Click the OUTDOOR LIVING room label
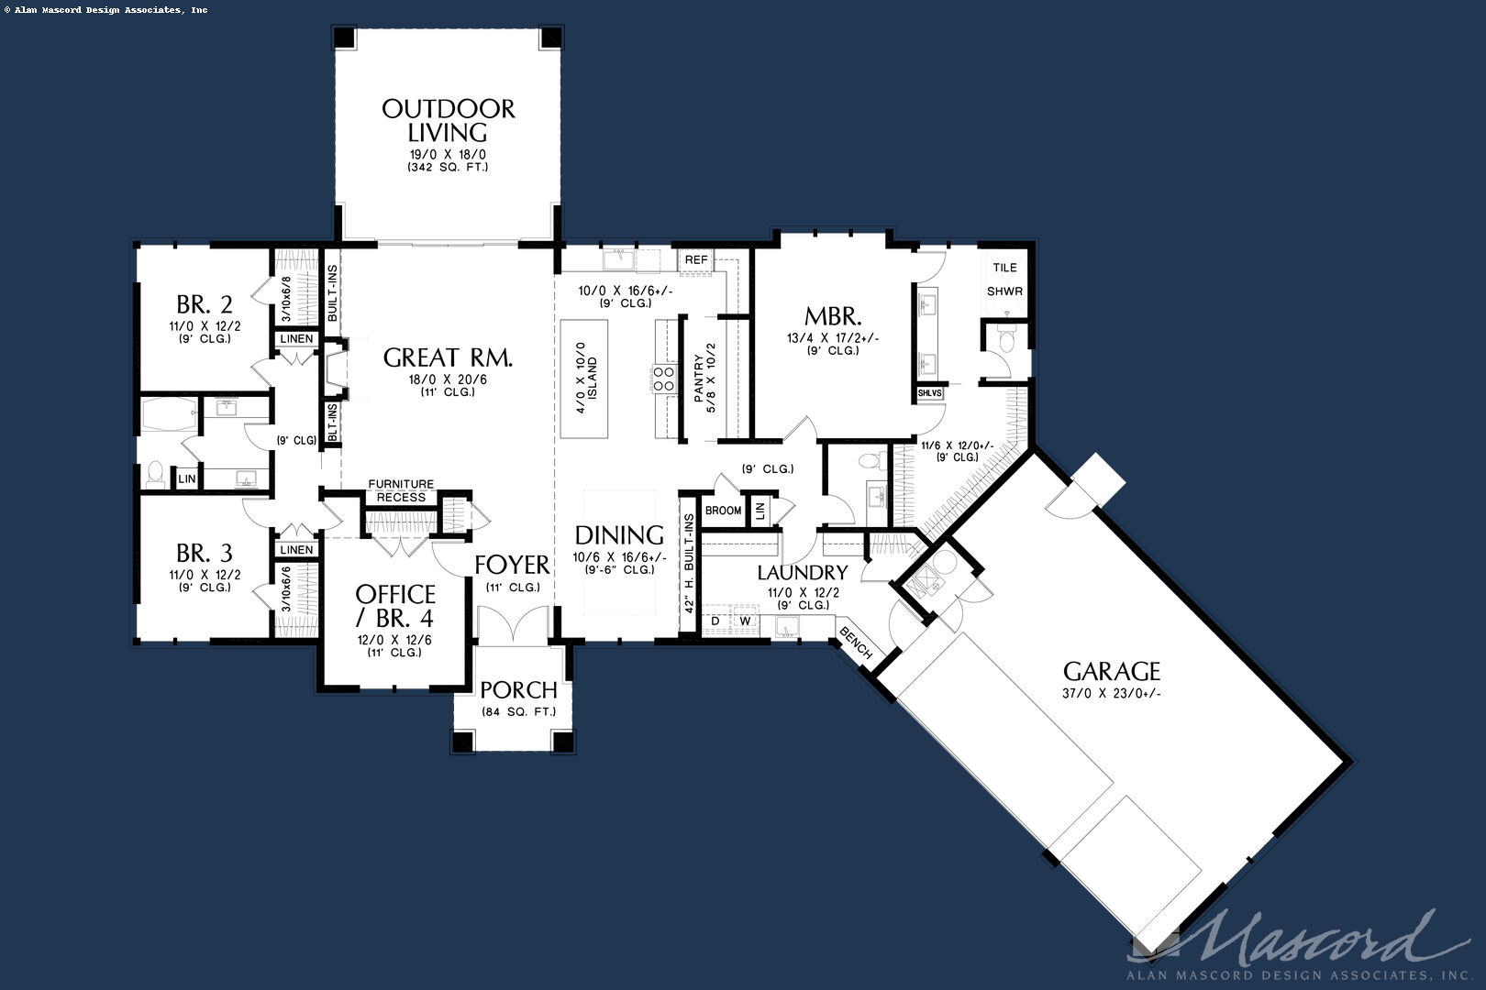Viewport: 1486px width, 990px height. tap(448, 120)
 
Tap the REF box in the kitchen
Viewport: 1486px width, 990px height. tap(696, 259)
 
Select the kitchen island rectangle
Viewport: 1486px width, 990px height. tap(584, 379)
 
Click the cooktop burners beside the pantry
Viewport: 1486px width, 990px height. tap(663, 379)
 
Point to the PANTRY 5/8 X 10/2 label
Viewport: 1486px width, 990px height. tap(704, 378)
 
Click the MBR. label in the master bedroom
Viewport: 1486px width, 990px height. tap(833, 317)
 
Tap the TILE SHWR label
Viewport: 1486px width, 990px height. tap(1004, 279)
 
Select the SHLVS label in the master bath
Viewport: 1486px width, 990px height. tap(929, 393)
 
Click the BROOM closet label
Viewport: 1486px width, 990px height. tap(723, 511)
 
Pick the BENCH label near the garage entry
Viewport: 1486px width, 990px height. tap(856, 643)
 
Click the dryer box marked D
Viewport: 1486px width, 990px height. tap(715, 621)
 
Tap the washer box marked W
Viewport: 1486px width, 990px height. tap(745, 621)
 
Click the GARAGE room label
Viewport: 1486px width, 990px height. tap(1112, 672)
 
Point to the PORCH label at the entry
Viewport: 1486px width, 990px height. tap(518, 690)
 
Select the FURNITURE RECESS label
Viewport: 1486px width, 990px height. tap(401, 490)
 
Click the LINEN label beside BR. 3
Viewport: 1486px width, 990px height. tap(296, 550)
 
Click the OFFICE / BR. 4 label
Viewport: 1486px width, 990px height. tap(395, 605)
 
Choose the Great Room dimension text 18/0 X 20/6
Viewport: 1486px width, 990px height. tap(448, 379)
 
